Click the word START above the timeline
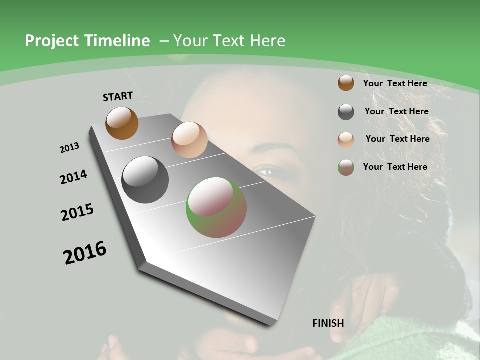(118, 96)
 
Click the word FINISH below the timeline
(328, 323)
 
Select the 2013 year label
(70, 148)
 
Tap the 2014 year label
(73, 177)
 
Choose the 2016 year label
(85, 252)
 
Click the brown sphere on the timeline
(122, 123)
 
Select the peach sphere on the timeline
(189, 140)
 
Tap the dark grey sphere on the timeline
(145, 180)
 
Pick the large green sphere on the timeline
(216, 207)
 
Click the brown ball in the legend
(346, 83)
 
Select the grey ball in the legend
(346, 112)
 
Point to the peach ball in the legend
(346, 139)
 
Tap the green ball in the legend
(346, 167)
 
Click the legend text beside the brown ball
(395, 83)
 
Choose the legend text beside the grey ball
(396, 111)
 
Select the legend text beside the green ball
(395, 167)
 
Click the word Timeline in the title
(117, 41)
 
